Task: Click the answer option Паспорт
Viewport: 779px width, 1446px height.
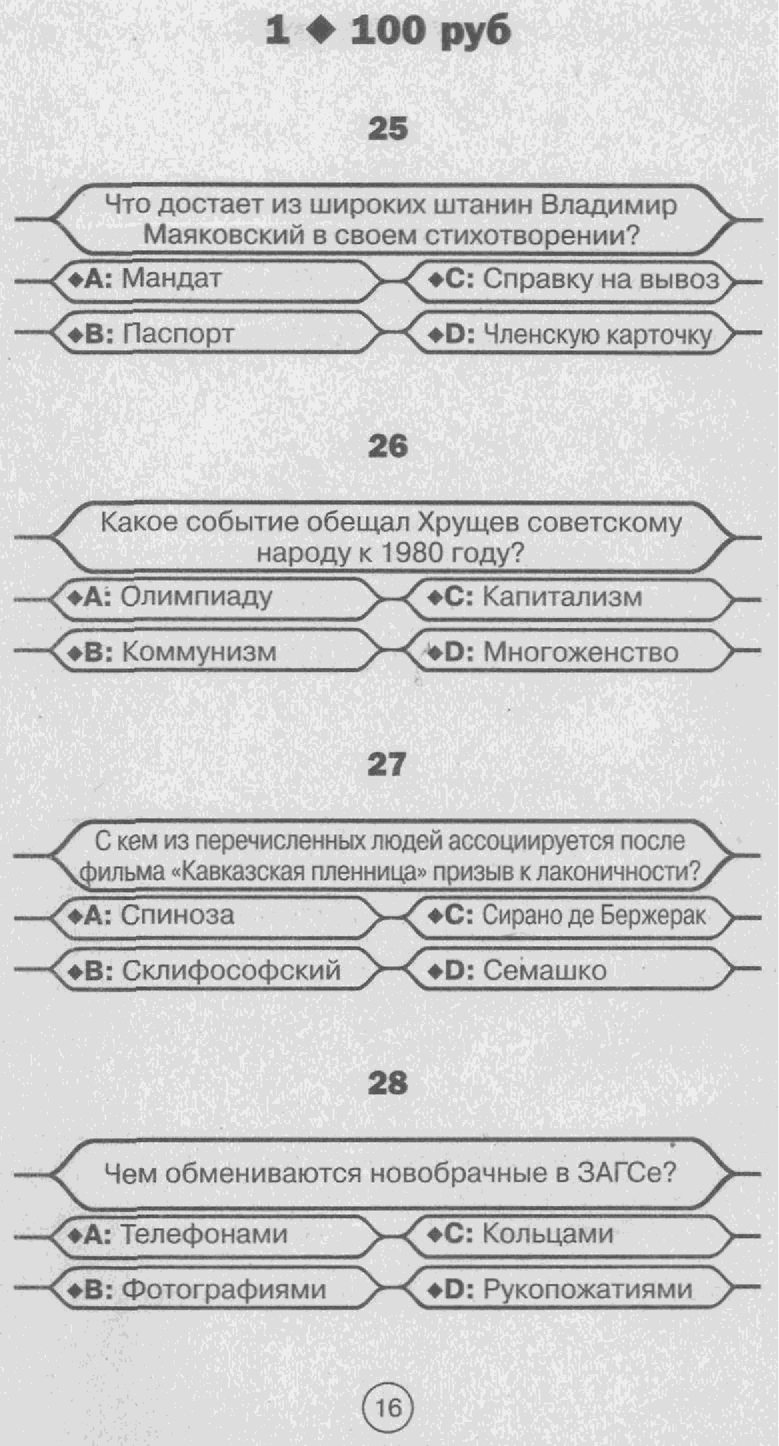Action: [x=179, y=333]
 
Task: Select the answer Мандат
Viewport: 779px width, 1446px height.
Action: [x=171, y=278]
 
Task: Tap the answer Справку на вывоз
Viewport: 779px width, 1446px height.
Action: [x=601, y=279]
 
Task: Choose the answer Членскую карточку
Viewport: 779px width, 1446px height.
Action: [x=597, y=335]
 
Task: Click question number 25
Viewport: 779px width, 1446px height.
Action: [x=388, y=129]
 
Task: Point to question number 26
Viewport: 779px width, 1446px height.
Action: [x=388, y=447]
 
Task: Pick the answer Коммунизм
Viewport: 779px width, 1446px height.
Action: [x=199, y=651]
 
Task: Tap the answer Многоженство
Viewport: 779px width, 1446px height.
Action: [x=580, y=652]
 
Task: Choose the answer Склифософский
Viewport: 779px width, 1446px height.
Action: [x=231, y=971]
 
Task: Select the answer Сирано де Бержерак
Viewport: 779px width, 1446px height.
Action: [x=594, y=915]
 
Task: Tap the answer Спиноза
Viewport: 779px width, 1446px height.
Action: [x=177, y=915]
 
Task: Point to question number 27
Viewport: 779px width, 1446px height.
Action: [x=387, y=765]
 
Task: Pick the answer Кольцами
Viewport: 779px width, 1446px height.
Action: [x=548, y=1234]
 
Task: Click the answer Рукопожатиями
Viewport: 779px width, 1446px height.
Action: [x=588, y=1289]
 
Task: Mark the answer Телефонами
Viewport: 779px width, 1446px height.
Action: [x=205, y=1234]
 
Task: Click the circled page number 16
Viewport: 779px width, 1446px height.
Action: [x=388, y=1408]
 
